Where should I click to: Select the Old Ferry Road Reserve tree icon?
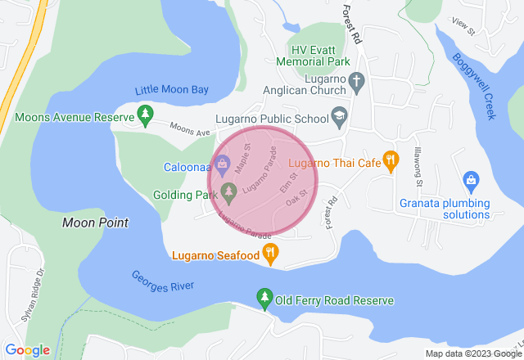[x=264, y=299]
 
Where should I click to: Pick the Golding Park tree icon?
[x=229, y=194]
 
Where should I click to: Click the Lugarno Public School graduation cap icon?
[x=338, y=119]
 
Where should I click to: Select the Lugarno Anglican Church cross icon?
[x=355, y=82]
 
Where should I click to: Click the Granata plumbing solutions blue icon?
[x=470, y=180]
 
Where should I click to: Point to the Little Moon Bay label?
[x=173, y=91]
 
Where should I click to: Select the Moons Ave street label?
[x=190, y=128]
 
